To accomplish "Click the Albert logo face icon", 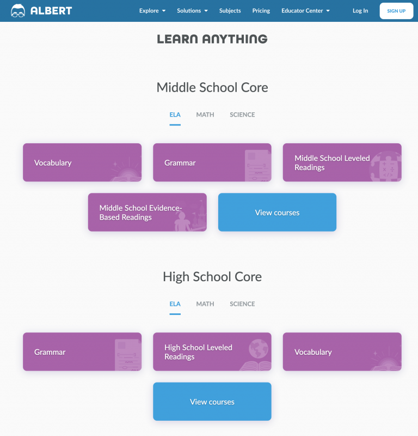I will (x=18, y=10).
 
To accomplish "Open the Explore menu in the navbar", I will (x=152, y=11).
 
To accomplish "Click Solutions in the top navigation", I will (x=192, y=11).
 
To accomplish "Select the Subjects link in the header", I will (x=230, y=11).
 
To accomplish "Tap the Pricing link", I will (x=261, y=11).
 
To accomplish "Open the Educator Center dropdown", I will (x=305, y=11).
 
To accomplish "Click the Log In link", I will (x=360, y=11).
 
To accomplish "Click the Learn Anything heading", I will (x=212, y=39).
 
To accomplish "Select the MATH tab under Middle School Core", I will (x=205, y=115).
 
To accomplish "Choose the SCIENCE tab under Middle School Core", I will (x=242, y=115).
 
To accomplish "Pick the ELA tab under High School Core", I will (x=175, y=304).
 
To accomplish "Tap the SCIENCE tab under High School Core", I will (x=242, y=304).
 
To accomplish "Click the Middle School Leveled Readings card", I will (x=342, y=162).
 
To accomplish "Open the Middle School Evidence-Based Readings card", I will (x=147, y=213).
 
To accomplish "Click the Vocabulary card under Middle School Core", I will (x=82, y=162).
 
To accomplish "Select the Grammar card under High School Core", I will (x=82, y=352).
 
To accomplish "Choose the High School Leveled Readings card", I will (x=212, y=352).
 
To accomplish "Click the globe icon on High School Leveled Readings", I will (x=258, y=348).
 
